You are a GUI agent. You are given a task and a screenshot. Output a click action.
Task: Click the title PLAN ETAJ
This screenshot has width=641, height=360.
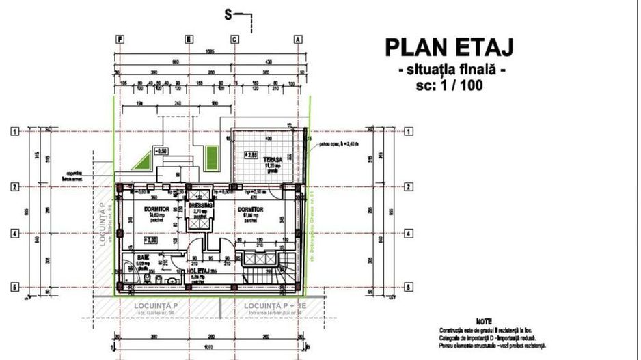(449, 47)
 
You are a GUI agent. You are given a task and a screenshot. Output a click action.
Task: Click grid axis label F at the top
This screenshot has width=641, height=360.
(120, 40)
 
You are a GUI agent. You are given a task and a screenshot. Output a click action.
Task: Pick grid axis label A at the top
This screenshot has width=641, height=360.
(298, 40)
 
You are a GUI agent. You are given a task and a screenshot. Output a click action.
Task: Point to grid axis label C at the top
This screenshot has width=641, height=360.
(234, 40)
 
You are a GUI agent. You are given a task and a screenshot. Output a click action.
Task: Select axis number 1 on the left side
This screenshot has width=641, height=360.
(14, 131)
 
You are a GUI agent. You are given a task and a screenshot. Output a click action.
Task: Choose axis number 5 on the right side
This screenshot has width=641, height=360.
(409, 287)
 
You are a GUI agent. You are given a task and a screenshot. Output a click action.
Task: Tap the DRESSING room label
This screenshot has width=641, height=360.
(201, 205)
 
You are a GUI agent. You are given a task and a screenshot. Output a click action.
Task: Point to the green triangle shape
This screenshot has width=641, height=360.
(141, 161)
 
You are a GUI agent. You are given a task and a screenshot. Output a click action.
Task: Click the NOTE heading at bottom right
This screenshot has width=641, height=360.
(484, 320)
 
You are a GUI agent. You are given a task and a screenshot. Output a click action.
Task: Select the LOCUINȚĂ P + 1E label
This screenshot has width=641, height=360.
(268, 305)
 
